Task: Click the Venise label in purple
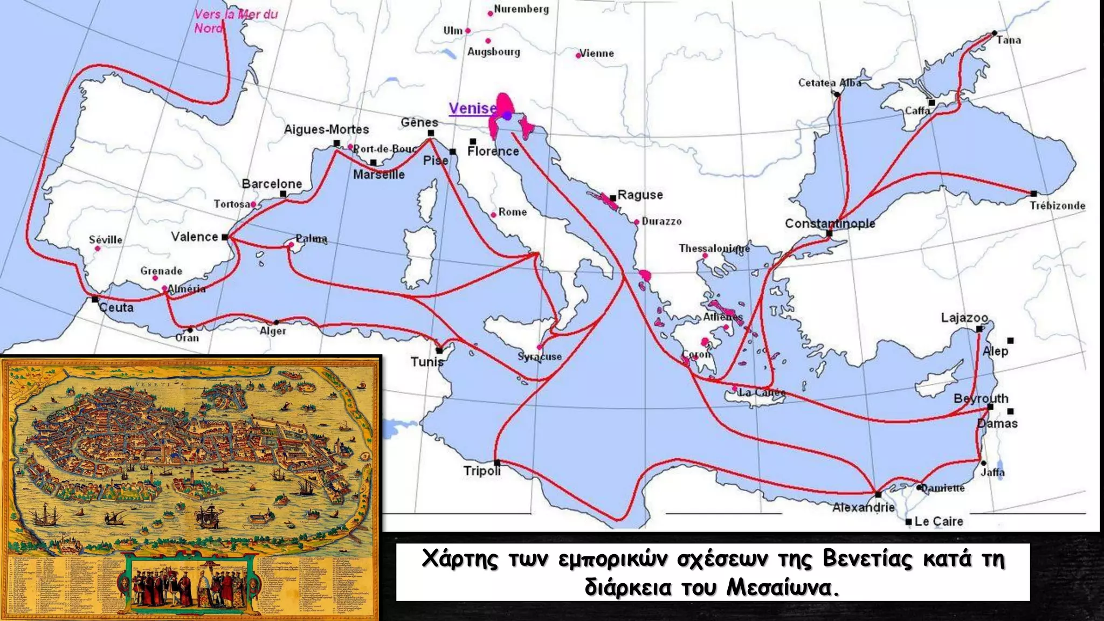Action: pos(473,108)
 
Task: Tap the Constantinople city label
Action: pos(830,223)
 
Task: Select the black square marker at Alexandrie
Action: pos(878,494)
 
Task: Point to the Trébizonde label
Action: pos(1057,205)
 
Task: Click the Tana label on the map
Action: pos(1008,40)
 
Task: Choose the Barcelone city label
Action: pos(272,184)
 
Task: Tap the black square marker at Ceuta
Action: pos(95,299)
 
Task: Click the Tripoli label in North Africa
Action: pos(482,471)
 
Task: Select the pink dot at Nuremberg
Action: pos(490,13)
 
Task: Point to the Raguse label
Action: pos(640,195)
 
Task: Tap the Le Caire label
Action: pos(939,521)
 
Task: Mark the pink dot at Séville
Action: pos(98,249)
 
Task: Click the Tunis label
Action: pos(427,362)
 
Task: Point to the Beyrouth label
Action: pos(981,398)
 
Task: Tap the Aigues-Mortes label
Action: pos(326,129)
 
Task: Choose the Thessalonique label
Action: pos(714,249)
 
